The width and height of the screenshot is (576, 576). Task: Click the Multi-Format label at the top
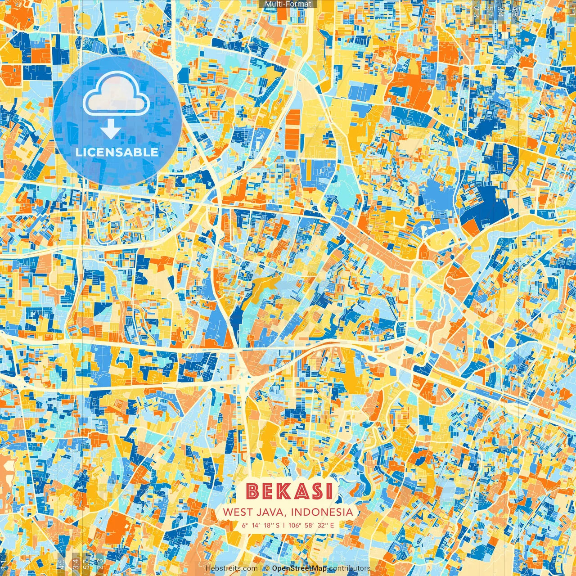288,4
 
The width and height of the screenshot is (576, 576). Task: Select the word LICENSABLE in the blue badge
117,152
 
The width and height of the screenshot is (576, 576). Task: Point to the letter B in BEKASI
253,491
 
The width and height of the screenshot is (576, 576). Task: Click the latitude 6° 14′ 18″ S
260,525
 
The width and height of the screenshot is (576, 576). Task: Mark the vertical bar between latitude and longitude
284,525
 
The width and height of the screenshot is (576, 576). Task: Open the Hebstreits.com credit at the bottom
231,568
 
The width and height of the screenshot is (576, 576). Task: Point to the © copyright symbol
267,568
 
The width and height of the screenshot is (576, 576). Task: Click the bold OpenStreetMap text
299,568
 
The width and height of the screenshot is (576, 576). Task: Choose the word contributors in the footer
350,568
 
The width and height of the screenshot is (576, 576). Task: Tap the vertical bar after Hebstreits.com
261,568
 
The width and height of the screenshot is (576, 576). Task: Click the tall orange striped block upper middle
292,130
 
